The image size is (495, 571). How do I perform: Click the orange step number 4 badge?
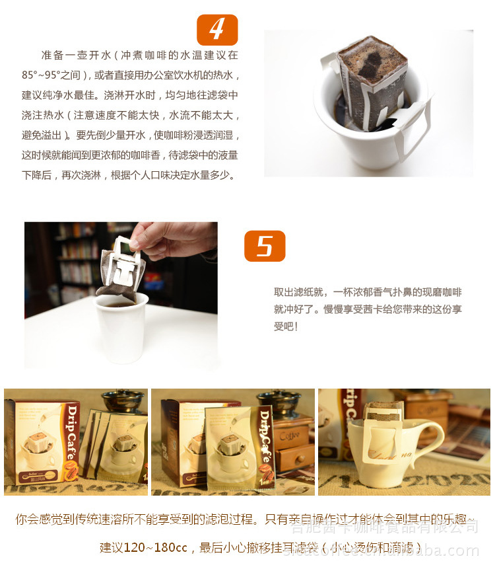click(217, 30)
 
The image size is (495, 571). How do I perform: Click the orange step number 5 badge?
click(265, 246)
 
